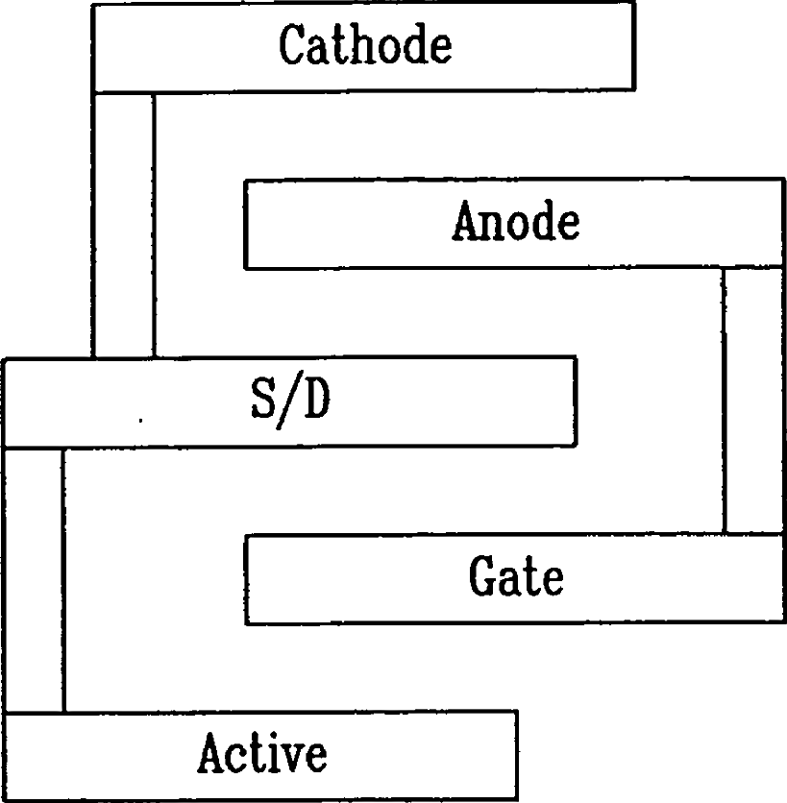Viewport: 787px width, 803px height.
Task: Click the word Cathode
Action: (365, 44)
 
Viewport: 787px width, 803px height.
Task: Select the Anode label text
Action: (516, 220)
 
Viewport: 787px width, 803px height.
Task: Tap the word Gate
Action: (516, 575)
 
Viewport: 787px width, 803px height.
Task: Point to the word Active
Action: (262, 752)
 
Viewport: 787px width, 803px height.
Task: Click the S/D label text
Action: (290, 401)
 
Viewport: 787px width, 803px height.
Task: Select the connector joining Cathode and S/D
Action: (124, 226)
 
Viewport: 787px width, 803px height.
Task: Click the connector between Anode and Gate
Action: (753, 401)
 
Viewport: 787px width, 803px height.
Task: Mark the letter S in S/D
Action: (263, 400)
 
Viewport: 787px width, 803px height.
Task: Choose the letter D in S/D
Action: (317, 400)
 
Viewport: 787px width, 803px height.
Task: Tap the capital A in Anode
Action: (468, 220)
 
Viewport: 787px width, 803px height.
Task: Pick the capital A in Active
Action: (214, 752)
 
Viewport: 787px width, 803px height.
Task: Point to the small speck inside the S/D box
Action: (140, 421)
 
